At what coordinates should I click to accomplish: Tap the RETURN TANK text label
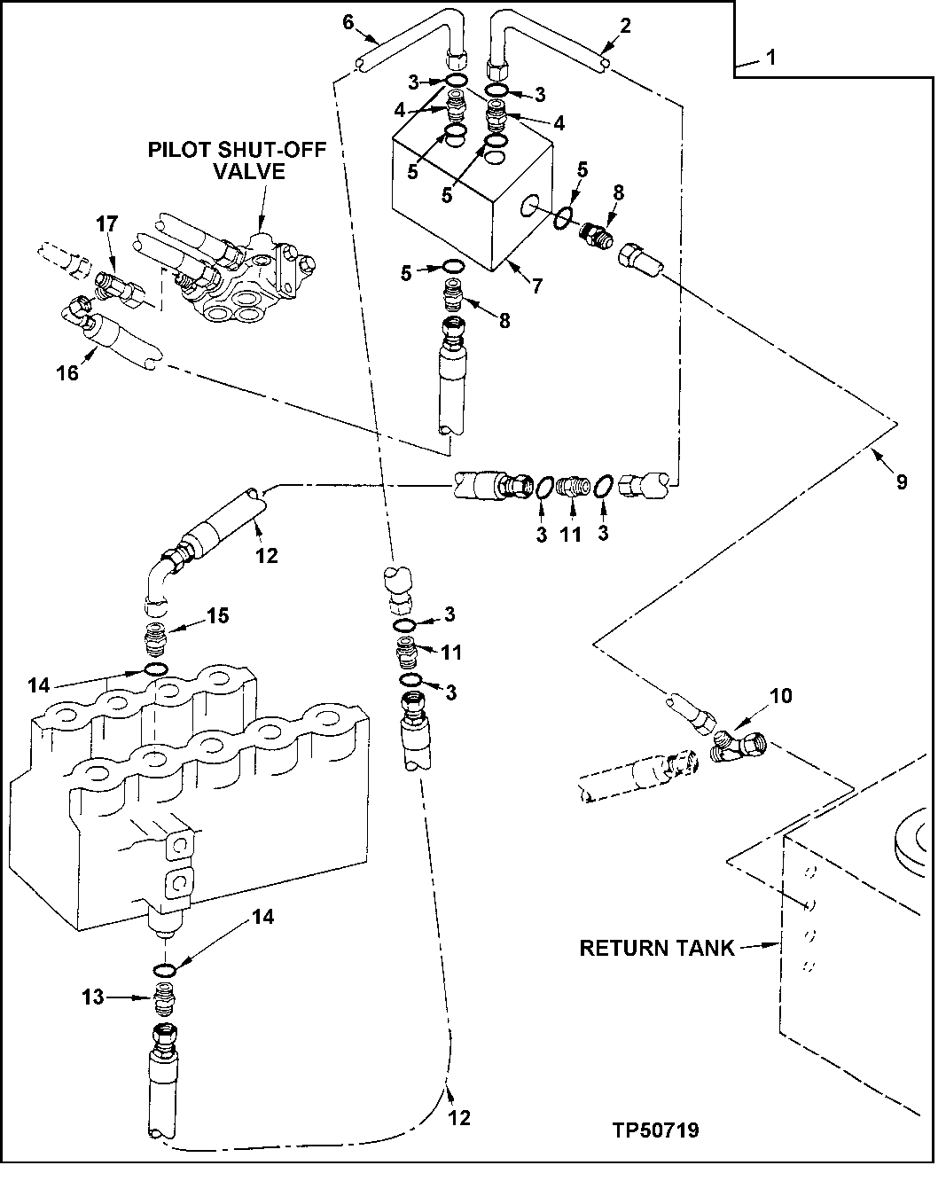tap(656, 948)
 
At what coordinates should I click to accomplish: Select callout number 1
tap(770, 59)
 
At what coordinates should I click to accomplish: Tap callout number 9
tap(901, 481)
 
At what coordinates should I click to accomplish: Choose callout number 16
tap(67, 372)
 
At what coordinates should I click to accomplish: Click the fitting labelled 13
tap(164, 998)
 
